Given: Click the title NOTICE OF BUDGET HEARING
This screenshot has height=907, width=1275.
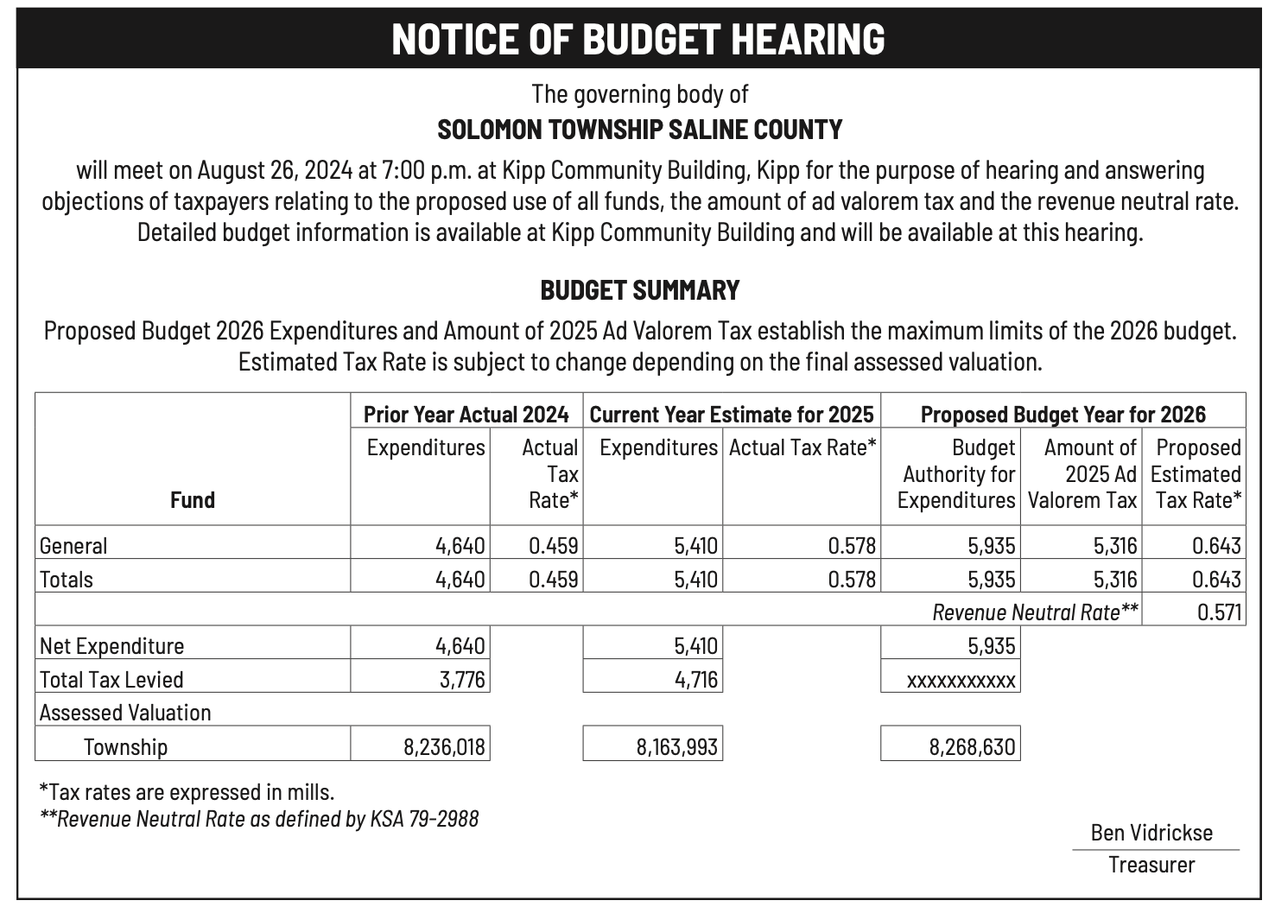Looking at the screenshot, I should [x=638, y=39].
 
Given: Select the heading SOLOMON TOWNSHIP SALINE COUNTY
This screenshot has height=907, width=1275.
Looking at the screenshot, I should [x=639, y=130].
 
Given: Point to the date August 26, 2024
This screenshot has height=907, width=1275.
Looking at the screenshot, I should [x=274, y=170].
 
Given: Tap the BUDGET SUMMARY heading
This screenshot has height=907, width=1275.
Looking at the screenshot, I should [x=639, y=290].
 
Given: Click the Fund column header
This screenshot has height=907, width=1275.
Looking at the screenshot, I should [x=192, y=500].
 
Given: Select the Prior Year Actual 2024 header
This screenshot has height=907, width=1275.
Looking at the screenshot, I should [x=466, y=415].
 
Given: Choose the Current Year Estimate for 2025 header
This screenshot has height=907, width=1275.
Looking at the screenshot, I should [x=732, y=415].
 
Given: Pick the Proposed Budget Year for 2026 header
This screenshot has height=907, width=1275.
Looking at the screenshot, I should [x=1062, y=415].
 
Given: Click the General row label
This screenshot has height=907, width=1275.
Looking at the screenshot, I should [x=74, y=546].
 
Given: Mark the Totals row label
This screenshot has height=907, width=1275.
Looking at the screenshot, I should [x=67, y=580].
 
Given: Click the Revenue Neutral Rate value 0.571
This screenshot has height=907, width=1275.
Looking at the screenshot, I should [x=1219, y=613].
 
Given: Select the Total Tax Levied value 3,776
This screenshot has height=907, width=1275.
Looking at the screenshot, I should [x=462, y=680].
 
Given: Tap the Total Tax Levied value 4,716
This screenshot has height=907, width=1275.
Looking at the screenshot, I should [x=695, y=680].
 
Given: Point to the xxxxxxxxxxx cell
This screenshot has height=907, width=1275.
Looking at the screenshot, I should [x=961, y=681].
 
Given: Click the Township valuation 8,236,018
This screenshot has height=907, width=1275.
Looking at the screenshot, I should [x=444, y=746].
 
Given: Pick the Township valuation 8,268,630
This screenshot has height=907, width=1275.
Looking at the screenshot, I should [x=972, y=746].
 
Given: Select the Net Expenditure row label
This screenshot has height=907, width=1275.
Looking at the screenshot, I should [x=112, y=646].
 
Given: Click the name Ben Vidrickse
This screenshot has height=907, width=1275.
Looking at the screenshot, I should [x=1151, y=833].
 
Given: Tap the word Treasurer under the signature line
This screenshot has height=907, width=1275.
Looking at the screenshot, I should [x=1151, y=865].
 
